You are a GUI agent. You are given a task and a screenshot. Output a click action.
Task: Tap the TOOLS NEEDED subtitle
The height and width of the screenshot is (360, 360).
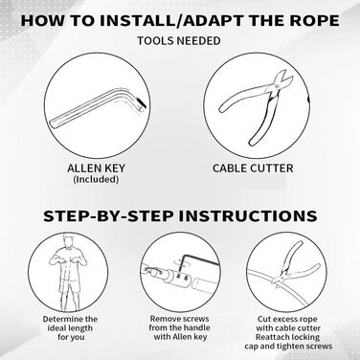179,41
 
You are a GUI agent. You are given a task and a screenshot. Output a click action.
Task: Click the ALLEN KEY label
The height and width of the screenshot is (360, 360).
96,169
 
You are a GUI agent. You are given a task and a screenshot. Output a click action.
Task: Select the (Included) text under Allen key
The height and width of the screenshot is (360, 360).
96,179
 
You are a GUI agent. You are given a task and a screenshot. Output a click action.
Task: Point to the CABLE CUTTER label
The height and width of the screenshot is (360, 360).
253,169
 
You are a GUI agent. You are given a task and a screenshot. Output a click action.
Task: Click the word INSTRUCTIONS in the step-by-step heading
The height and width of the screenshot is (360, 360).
248,215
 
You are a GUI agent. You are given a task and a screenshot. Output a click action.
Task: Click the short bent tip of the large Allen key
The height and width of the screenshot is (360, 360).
141,103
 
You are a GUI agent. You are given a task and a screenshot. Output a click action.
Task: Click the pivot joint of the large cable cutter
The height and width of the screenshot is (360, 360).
277,85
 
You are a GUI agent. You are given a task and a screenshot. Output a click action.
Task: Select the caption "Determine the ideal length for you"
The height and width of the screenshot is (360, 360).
70,328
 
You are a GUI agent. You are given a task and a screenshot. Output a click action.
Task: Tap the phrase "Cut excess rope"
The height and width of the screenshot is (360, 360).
287,319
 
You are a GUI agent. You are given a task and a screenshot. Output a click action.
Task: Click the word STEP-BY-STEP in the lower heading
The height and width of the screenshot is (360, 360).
108,215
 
